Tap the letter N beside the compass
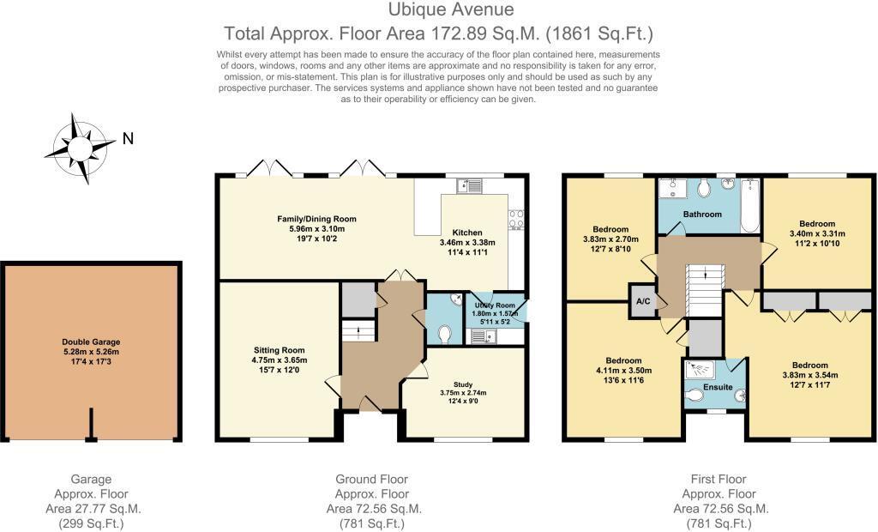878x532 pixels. click(127, 138)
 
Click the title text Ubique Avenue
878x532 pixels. click(439, 10)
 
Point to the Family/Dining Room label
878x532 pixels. click(316, 219)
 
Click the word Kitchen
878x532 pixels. click(468, 232)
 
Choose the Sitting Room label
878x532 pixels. click(279, 350)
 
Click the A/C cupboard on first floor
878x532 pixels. click(641, 301)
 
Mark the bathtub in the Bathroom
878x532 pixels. click(749, 206)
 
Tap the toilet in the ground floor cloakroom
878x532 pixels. click(444, 332)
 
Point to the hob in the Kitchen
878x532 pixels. click(517, 219)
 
